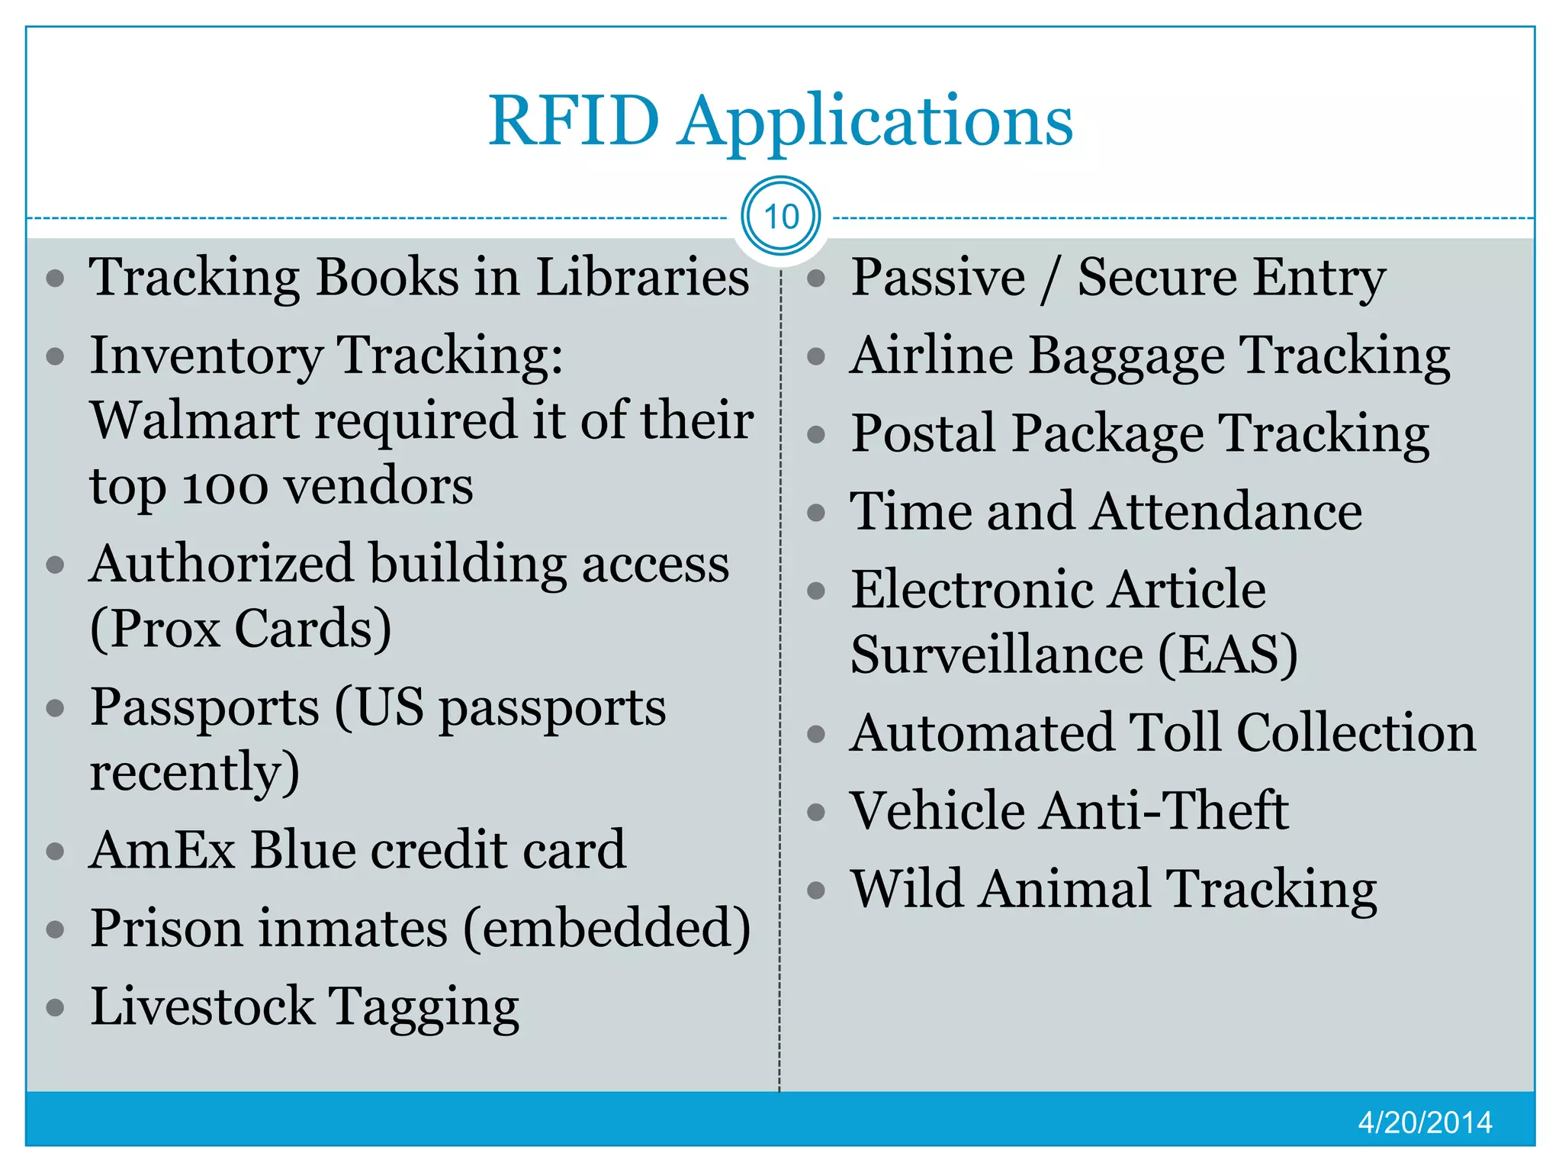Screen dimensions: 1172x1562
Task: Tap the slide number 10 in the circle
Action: tap(781, 217)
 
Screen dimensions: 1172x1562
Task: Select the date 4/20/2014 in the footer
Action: tap(1425, 1122)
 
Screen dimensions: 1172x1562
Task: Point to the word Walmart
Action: tap(194, 420)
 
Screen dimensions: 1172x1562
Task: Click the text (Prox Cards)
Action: tap(240, 629)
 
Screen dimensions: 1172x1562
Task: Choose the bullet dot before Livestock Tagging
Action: tap(55, 1008)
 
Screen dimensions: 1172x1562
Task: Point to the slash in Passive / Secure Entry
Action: tap(1051, 278)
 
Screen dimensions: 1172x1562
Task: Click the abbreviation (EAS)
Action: tap(1227, 655)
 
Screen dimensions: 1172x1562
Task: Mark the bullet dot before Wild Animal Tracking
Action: tap(816, 890)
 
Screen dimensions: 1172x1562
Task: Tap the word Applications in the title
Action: tap(876, 122)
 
